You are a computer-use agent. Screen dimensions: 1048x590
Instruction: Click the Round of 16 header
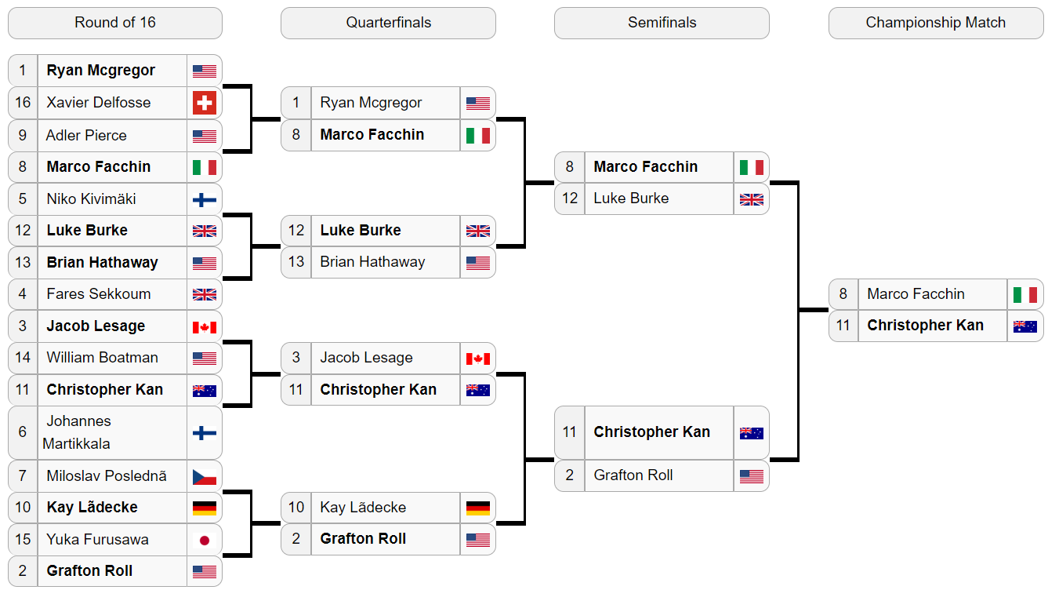115,23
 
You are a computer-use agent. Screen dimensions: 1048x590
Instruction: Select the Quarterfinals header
388,23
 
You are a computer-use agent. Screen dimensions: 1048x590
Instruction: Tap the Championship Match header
935,23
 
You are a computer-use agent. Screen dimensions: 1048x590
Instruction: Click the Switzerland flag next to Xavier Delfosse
205,103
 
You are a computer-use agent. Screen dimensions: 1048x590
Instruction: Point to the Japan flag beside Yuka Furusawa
205,541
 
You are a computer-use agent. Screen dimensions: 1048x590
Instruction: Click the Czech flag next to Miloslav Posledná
205,477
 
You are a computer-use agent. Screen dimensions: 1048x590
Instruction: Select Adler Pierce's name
86,135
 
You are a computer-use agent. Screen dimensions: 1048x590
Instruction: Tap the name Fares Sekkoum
99,293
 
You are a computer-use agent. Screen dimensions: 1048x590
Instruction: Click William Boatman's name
103,358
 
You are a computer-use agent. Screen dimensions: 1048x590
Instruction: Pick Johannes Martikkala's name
77,432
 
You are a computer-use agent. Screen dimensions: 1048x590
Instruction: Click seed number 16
23,103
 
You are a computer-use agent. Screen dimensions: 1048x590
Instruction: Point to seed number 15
23,539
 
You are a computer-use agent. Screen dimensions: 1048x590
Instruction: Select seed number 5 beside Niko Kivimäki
23,198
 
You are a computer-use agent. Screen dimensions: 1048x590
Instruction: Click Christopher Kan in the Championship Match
926,325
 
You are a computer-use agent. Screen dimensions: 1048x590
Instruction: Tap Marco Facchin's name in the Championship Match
916,293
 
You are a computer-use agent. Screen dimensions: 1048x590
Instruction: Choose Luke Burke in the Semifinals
631,198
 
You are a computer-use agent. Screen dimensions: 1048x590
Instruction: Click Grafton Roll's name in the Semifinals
633,475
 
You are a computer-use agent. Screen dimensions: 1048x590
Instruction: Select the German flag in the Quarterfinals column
478,508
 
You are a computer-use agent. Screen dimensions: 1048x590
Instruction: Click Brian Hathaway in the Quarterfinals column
372,262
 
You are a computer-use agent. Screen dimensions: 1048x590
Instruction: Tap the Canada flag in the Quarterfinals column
478,359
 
